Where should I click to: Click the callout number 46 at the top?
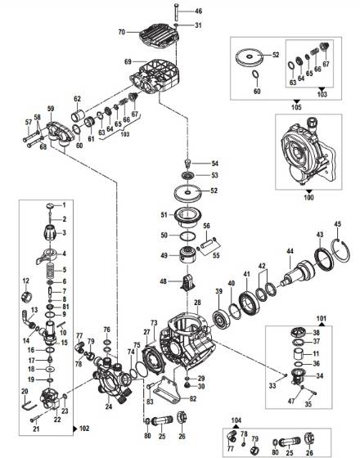pyautogui.click(x=199, y=11)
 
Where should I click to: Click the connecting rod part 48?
pyautogui.click(x=187, y=288)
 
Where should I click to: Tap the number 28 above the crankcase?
pyautogui.click(x=196, y=303)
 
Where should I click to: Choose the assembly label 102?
pyautogui.click(x=85, y=428)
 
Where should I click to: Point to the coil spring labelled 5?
pyautogui.click(x=51, y=271)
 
